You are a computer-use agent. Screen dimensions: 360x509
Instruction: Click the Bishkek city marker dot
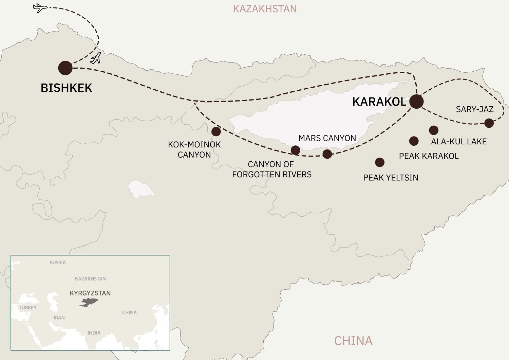(x=65, y=68)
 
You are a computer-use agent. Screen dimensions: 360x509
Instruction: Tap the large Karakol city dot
(x=416, y=102)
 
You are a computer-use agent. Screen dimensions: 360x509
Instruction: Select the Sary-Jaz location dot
(x=489, y=123)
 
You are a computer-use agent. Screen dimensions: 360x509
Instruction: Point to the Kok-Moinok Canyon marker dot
(x=216, y=131)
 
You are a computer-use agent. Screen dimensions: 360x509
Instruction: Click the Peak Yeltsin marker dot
(x=380, y=162)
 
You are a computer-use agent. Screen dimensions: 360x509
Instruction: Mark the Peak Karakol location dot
(x=414, y=141)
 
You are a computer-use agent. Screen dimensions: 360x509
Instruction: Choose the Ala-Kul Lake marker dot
(x=434, y=130)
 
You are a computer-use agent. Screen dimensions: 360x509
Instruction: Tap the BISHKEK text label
(x=67, y=88)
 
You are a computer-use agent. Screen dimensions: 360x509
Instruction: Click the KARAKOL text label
(x=379, y=102)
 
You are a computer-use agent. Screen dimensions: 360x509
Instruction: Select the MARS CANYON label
(x=327, y=138)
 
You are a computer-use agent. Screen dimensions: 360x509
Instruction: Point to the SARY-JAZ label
(x=474, y=109)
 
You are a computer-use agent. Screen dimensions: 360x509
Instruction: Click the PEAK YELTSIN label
(x=391, y=178)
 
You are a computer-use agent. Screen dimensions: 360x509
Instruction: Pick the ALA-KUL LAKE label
(x=459, y=142)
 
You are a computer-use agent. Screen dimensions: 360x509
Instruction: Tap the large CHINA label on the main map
(x=353, y=341)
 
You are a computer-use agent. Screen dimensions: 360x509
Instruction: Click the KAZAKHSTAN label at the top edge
(x=265, y=9)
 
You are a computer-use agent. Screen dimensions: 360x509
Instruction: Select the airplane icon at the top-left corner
(x=40, y=7)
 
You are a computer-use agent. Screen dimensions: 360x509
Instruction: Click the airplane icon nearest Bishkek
(x=96, y=58)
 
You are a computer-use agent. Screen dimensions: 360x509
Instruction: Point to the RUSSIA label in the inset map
(x=58, y=263)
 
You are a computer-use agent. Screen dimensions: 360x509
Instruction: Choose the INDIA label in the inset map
(x=94, y=333)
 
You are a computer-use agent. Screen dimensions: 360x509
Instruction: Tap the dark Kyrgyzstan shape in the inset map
(x=89, y=302)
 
